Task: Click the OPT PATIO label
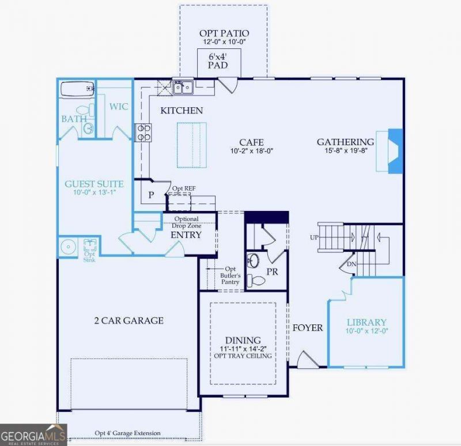[x=224, y=33]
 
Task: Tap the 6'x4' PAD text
[x=218, y=61]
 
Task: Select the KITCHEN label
[x=182, y=110]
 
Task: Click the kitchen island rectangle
[x=192, y=145]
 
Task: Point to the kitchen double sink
[x=183, y=88]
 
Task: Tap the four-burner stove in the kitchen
[x=143, y=133]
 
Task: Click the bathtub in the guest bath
[x=78, y=89]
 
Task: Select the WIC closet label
[x=119, y=107]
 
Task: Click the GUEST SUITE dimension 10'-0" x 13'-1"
[x=94, y=192]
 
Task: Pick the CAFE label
[x=251, y=142]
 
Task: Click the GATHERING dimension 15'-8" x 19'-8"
[x=346, y=150]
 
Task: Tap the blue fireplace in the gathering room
[x=395, y=150]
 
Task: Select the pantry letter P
[x=151, y=195]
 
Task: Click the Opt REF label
[x=184, y=188]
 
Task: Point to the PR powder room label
[x=272, y=271]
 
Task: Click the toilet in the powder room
[x=256, y=281]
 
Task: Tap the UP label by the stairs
[x=314, y=237]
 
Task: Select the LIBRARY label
[x=366, y=322]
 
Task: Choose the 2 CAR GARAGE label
[x=129, y=320]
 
